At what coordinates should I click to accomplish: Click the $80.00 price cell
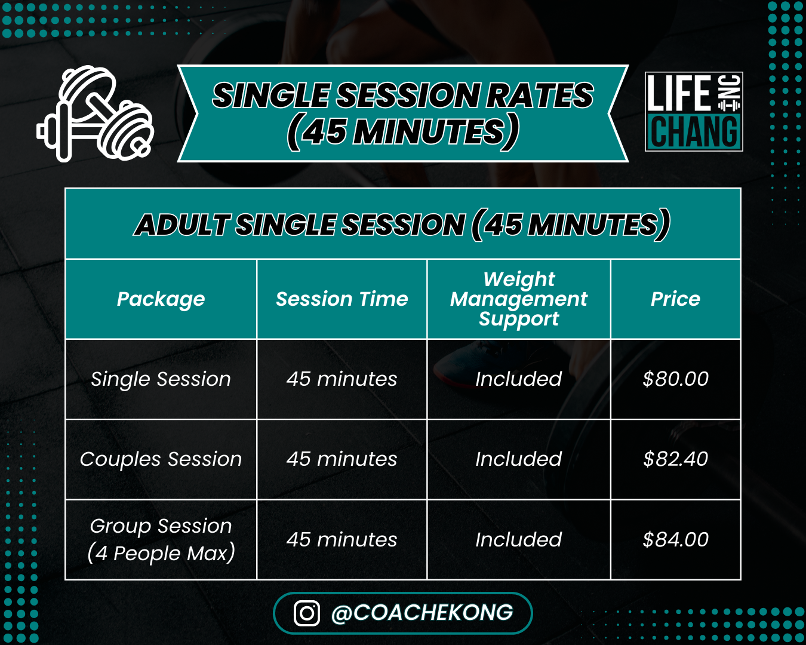[x=675, y=379]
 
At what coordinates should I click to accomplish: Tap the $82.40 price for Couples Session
[x=675, y=459]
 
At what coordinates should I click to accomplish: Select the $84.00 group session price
[x=675, y=539]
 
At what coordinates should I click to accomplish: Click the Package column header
[x=161, y=299]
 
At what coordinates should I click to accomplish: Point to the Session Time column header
[x=342, y=299]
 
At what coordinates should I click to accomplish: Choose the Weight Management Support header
[x=519, y=299]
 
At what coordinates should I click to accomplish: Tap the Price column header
[x=675, y=299]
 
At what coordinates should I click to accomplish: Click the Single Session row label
[x=161, y=379]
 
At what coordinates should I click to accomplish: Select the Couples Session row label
[x=161, y=459]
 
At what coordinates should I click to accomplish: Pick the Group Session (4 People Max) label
[x=161, y=540]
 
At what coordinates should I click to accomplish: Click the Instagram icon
[x=307, y=613]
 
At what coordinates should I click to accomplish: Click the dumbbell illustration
[x=96, y=113]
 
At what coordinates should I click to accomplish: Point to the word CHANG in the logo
[x=694, y=131]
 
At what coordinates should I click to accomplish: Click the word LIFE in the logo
[x=679, y=93]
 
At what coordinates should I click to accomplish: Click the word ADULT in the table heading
[x=182, y=225]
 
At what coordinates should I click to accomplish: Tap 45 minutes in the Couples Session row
[x=342, y=459]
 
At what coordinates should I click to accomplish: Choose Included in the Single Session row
[x=519, y=379]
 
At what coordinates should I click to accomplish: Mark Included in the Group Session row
[x=519, y=539]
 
